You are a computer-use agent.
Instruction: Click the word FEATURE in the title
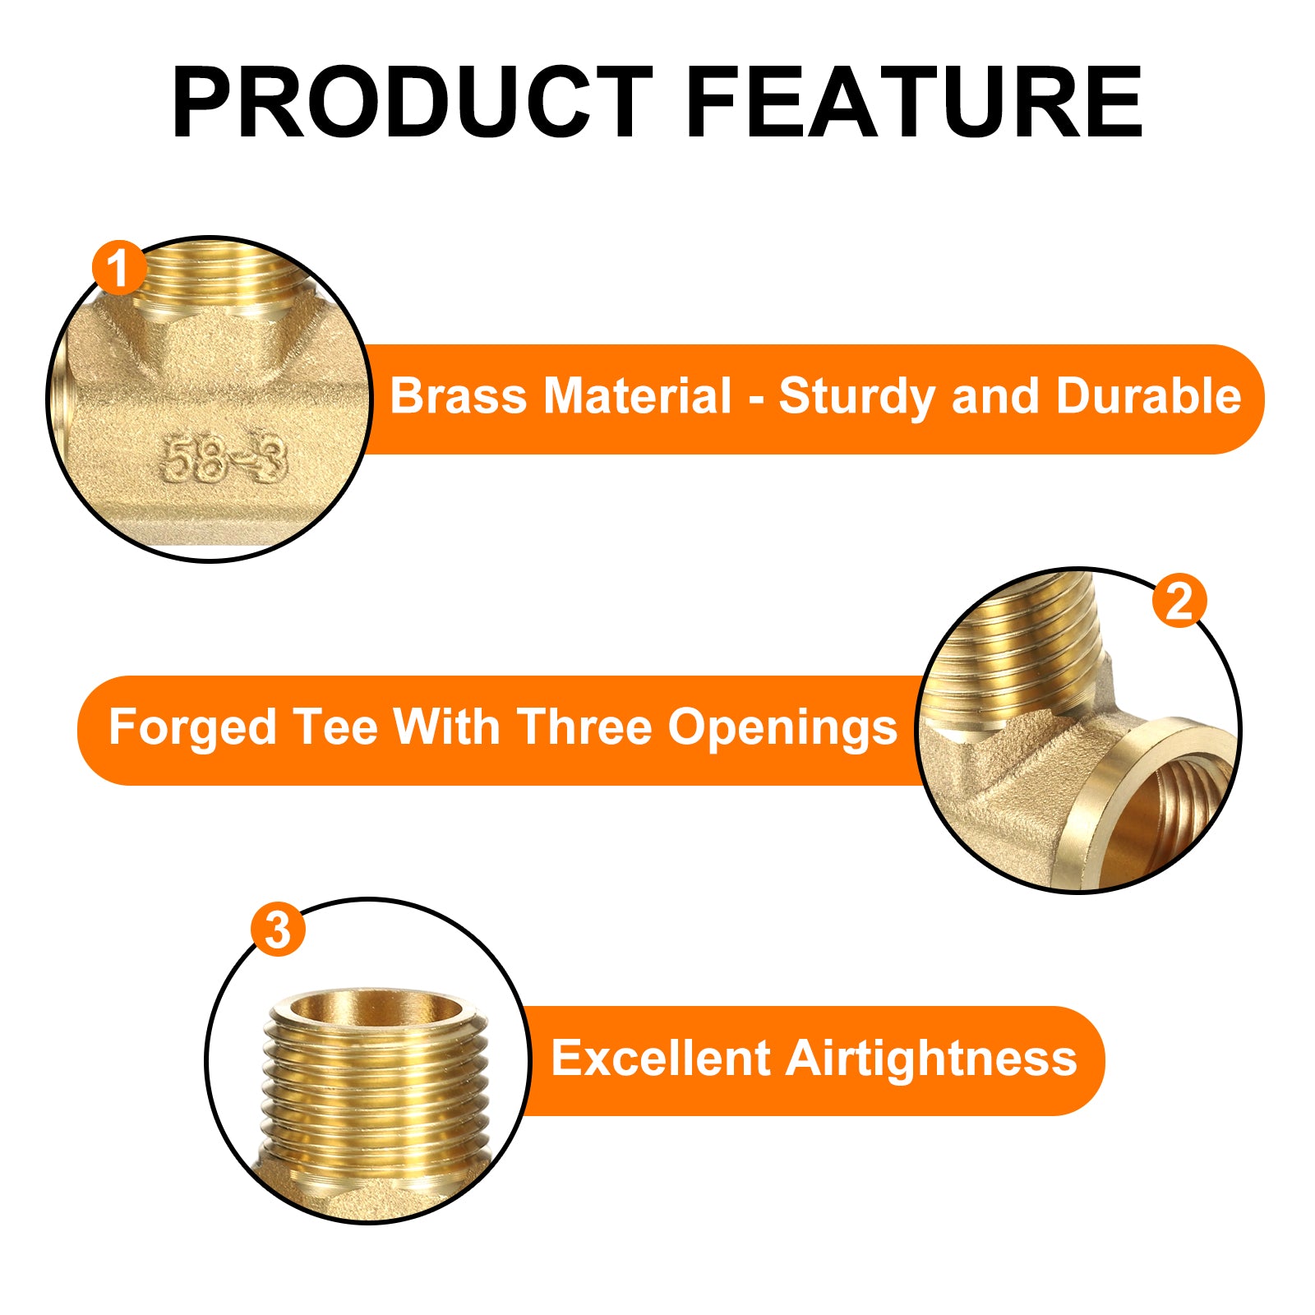(x=914, y=103)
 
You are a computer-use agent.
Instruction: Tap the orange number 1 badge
(x=119, y=267)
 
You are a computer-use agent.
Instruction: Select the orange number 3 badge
(x=278, y=930)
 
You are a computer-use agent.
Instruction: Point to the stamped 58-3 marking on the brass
(x=223, y=459)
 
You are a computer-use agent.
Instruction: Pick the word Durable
(x=1148, y=396)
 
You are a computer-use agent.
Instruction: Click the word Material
(x=637, y=396)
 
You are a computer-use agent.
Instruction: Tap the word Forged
(x=192, y=729)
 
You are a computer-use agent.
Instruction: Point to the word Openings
(x=782, y=729)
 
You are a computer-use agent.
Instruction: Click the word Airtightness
(x=931, y=1059)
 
